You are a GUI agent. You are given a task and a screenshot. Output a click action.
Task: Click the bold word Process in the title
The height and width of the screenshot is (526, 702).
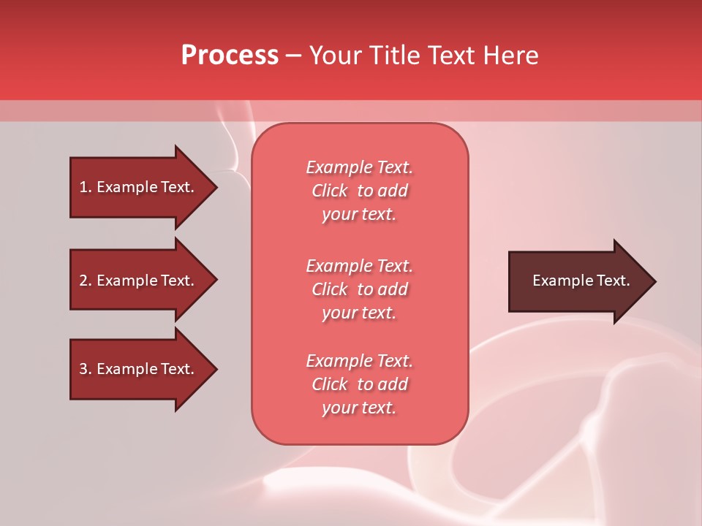[230, 56]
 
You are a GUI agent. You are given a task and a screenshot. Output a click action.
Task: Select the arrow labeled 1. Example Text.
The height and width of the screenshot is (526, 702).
[139, 187]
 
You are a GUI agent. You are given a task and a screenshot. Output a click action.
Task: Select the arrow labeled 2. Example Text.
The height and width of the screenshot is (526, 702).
[139, 281]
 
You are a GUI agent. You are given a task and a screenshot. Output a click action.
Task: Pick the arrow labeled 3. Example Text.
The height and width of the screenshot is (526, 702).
[139, 369]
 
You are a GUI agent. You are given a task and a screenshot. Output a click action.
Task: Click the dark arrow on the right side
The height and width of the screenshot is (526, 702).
[578, 281]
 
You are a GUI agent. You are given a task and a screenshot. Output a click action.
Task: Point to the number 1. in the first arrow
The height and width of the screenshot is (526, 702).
[86, 187]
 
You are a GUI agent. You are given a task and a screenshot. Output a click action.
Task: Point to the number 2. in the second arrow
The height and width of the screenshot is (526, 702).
[86, 281]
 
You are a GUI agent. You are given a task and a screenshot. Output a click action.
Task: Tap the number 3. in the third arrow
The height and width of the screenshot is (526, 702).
[86, 369]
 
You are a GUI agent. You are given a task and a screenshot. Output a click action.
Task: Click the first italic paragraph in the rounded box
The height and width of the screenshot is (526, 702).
[359, 191]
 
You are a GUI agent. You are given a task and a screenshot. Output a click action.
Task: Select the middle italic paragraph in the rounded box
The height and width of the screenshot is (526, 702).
[359, 289]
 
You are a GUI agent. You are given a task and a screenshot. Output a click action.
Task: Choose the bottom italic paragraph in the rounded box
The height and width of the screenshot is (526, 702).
[359, 384]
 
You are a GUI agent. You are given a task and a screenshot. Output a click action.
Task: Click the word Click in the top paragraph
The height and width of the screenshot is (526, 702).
[330, 191]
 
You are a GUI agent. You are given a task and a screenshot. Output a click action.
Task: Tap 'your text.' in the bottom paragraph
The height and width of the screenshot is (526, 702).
[359, 408]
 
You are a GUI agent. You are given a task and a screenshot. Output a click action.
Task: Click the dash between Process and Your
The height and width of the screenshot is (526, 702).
[294, 56]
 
